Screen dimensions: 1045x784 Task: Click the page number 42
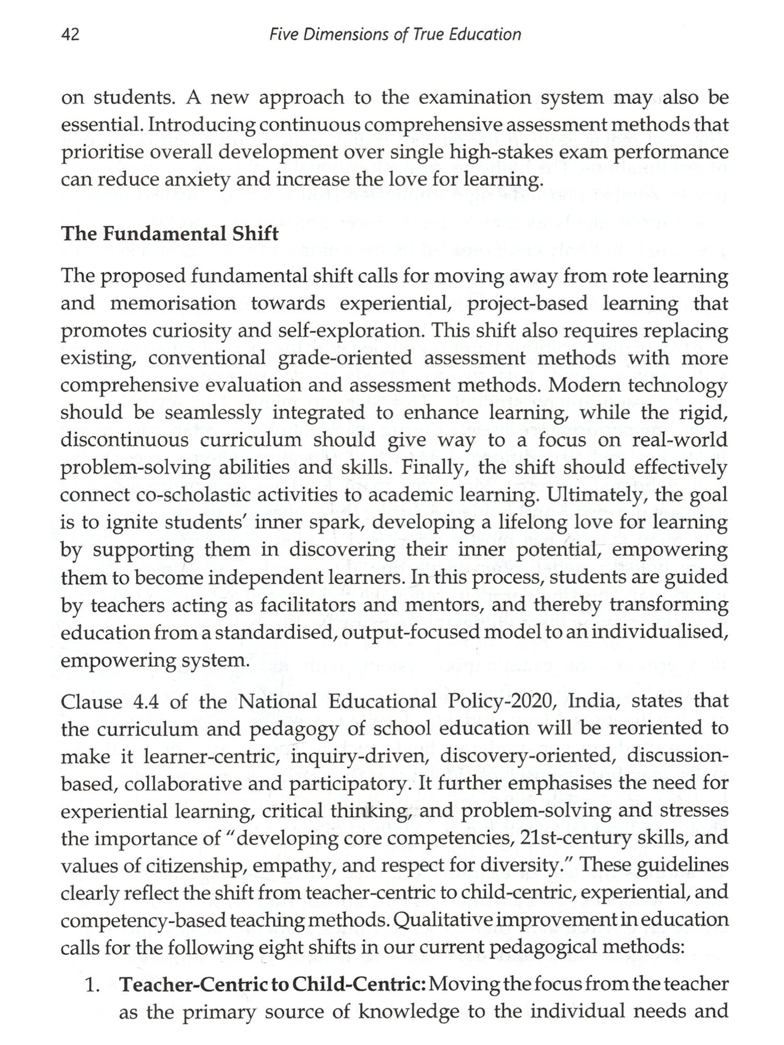(x=71, y=35)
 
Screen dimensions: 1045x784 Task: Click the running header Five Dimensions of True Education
(x=395, y=35)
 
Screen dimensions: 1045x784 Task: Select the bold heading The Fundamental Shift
(x=170, y=233)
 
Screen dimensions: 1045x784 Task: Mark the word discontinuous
(x=124, y=439)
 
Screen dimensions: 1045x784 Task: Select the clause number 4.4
(x=146, y=701)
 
